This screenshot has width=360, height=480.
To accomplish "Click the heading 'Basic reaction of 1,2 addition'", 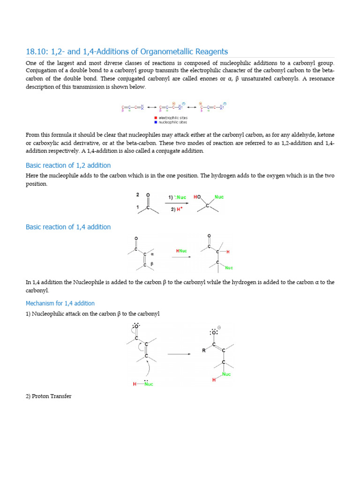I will [68, 165].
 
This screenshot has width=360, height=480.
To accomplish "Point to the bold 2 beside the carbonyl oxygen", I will [138, 194].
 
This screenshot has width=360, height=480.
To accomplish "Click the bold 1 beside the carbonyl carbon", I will [138, 207].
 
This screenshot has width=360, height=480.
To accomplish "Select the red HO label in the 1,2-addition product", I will [197, 197].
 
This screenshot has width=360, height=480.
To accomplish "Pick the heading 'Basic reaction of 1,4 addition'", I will [68, 227].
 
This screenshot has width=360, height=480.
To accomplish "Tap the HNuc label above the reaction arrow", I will [181, 251].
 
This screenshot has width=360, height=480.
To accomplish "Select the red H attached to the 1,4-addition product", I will [228, 252].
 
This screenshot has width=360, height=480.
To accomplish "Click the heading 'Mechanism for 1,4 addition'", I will [60, 303].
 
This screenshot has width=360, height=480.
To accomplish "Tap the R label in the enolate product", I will [204, 350].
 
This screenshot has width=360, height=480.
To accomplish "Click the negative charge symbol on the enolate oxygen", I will [219, 328].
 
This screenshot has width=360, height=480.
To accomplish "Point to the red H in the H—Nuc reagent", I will [135, 384].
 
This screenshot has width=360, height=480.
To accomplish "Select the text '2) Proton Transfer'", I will [49, 396].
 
